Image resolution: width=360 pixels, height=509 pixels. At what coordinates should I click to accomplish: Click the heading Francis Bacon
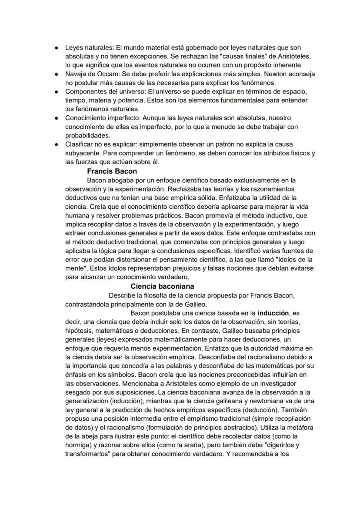click(112, 171)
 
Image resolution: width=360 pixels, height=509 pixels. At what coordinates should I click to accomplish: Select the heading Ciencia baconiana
click(162, 286)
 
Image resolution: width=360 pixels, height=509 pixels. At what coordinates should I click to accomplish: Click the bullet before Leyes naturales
click(57, 47)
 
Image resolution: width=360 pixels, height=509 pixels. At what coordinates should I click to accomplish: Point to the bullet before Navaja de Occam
click(57, 74)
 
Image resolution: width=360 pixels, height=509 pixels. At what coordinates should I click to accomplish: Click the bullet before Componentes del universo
click(57, 91)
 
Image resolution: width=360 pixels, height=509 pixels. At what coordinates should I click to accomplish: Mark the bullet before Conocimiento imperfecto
click(57, 118)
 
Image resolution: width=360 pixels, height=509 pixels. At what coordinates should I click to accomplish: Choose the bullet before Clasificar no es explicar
click(57, 144)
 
